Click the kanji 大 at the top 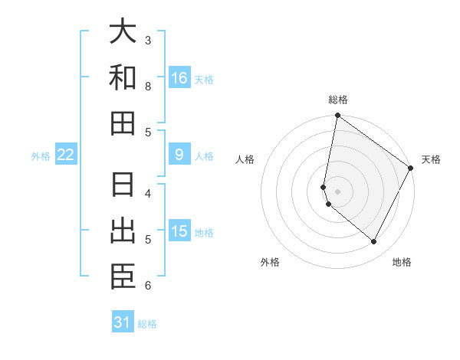(x=123, y=32)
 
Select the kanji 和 (x=123, y=77)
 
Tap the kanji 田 (x=123, y=123)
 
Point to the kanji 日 (x=123, y=185)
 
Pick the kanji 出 (x=123, y=231)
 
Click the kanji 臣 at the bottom (x=123, y=276)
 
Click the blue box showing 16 (x=179, y=78)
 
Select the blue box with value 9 (x=179, y=155)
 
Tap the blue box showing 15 (x=179, y=231)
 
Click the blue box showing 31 (x=123, y=322)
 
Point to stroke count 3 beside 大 (x=148, y=40)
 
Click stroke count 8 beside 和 (x=148, y=86)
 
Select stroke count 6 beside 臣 (x=148, y=286)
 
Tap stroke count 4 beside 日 (x=148, y=193)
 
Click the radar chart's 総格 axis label (x=338, y=100)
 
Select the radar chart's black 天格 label (x=431, y=159)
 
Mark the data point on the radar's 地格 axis (x=374, y=242)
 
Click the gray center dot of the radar (x=338, y=191)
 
